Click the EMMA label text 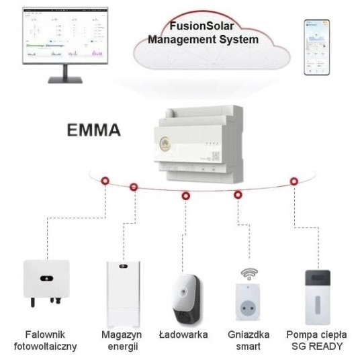(94, 130)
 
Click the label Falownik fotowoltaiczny (45, 340)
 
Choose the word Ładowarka (185, 334)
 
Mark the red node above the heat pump (294, 181)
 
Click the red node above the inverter (106, 182)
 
